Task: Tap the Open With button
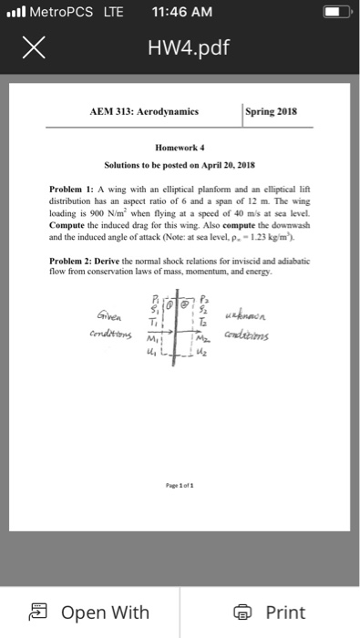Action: [90, 612]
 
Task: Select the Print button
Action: [272, 612]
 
